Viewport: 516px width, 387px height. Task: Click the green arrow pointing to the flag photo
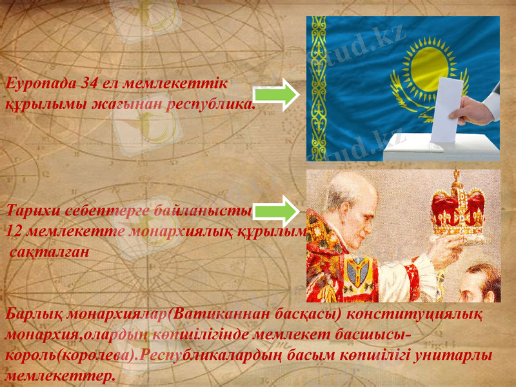click(x=274, y=96)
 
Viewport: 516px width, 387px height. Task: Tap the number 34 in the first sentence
click(x=93, y=83)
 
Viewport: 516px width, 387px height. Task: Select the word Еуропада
click(x=37, y=83)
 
